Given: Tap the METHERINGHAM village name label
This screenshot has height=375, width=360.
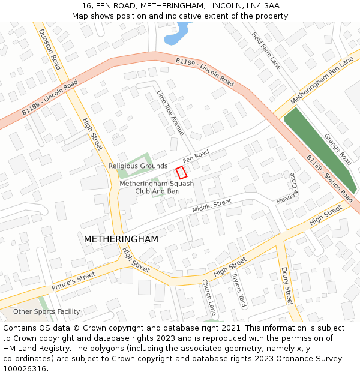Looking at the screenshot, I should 121,239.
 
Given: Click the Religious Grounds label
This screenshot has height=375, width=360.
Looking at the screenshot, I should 138,166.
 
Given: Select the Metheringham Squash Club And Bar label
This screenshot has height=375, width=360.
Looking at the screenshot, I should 157,187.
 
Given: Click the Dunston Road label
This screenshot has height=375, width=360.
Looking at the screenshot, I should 50,49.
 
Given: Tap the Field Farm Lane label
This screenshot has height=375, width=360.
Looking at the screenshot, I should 266,50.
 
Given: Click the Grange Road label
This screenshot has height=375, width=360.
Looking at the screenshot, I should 338,149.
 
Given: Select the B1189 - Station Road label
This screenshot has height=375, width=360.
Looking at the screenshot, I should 329,178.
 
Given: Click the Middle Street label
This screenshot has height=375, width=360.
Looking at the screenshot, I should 211,206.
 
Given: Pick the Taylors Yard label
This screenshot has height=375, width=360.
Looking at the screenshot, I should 239,290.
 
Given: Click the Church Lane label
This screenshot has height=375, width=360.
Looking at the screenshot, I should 209,297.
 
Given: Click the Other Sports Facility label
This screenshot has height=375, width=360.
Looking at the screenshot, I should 47,311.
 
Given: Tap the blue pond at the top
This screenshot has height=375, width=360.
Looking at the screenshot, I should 175,36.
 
